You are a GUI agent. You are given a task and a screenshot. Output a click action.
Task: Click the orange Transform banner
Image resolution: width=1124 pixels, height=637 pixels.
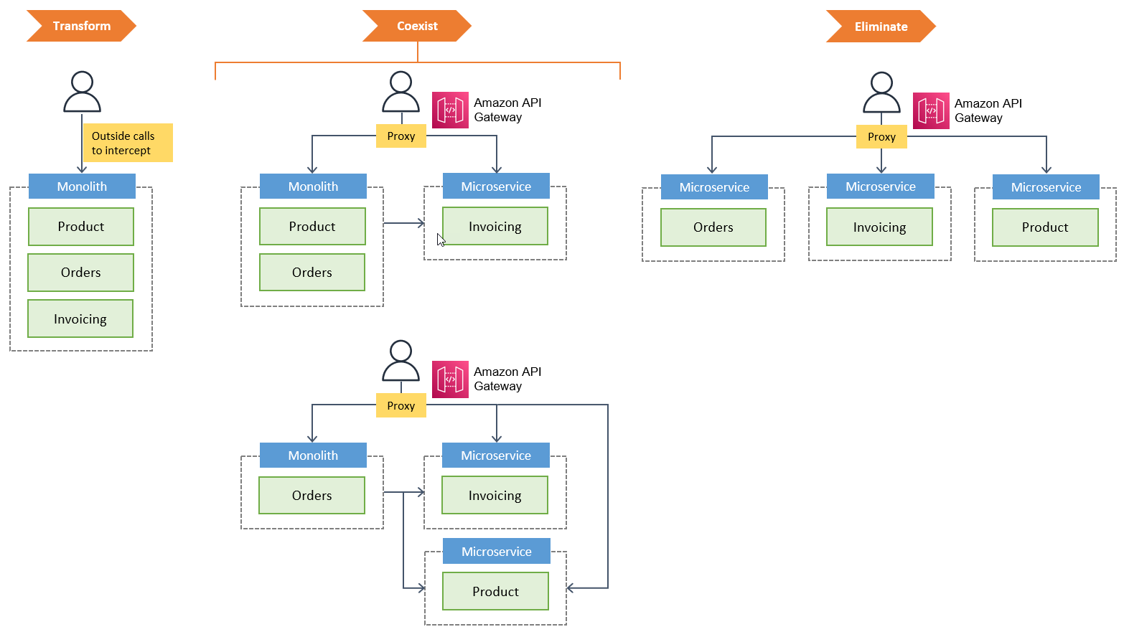(81, 26)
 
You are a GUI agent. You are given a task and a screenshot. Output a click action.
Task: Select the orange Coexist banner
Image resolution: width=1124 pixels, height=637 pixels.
(417, 26)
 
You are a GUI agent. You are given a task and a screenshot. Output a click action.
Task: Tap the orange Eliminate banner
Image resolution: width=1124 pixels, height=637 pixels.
(881, 27)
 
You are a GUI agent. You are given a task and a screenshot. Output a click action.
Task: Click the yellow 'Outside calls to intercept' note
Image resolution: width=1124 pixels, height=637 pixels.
(128, 143)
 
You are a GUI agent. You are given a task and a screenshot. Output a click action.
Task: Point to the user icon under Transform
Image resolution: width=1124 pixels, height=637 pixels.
(82, 92)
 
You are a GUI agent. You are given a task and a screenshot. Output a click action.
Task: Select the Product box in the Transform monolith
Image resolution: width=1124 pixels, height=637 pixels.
(81, 227)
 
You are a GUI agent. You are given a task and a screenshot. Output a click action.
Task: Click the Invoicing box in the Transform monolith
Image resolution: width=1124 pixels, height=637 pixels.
(80, 318)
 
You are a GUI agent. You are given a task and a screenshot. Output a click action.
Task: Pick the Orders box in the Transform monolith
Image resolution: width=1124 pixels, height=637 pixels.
(80, 273)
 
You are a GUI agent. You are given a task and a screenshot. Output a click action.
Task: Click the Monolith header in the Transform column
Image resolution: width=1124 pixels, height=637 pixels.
(82, 187)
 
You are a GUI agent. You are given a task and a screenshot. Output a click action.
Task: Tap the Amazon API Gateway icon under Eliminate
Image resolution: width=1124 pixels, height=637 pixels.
(931, 110)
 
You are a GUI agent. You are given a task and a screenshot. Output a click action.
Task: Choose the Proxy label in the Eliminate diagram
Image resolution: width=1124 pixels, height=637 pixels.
(881, 136)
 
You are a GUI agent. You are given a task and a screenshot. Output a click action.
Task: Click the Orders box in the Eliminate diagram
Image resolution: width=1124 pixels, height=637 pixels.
(713, 227)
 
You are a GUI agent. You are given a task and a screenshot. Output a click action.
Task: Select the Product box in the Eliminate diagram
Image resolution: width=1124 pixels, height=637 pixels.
(1045, 227)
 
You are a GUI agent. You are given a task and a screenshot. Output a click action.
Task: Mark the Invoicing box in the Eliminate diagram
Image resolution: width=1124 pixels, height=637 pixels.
(879, 227)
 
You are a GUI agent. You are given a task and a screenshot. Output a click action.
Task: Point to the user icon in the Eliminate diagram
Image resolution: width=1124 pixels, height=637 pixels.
(881, 93)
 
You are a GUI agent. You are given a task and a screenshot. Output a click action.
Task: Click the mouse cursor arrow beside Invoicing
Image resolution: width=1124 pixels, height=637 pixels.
(441, 240)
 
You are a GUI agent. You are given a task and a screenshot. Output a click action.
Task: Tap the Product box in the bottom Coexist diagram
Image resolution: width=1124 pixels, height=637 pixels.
(495, 591)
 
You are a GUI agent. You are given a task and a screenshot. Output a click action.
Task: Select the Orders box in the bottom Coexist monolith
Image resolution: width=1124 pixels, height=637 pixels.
(312, 495)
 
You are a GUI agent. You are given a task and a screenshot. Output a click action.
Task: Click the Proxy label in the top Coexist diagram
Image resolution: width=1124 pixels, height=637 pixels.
(401, 136)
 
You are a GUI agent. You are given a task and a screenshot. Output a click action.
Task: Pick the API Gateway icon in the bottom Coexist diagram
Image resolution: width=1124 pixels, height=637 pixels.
(450, 379)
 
